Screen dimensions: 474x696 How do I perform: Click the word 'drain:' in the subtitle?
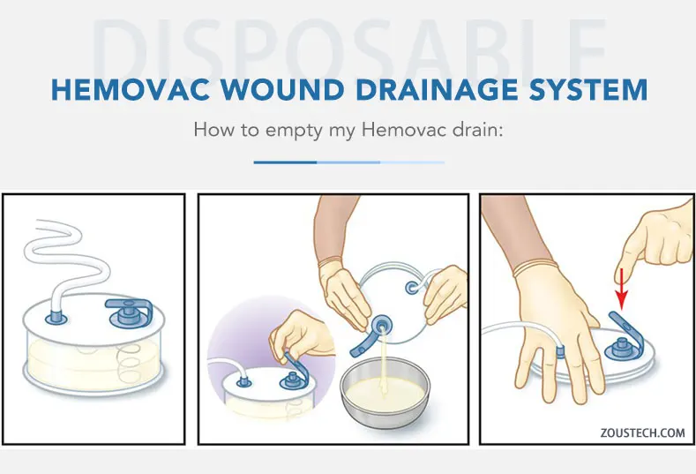475,130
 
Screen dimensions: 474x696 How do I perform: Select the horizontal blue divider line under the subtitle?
348,162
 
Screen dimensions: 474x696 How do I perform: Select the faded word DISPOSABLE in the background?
348,44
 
